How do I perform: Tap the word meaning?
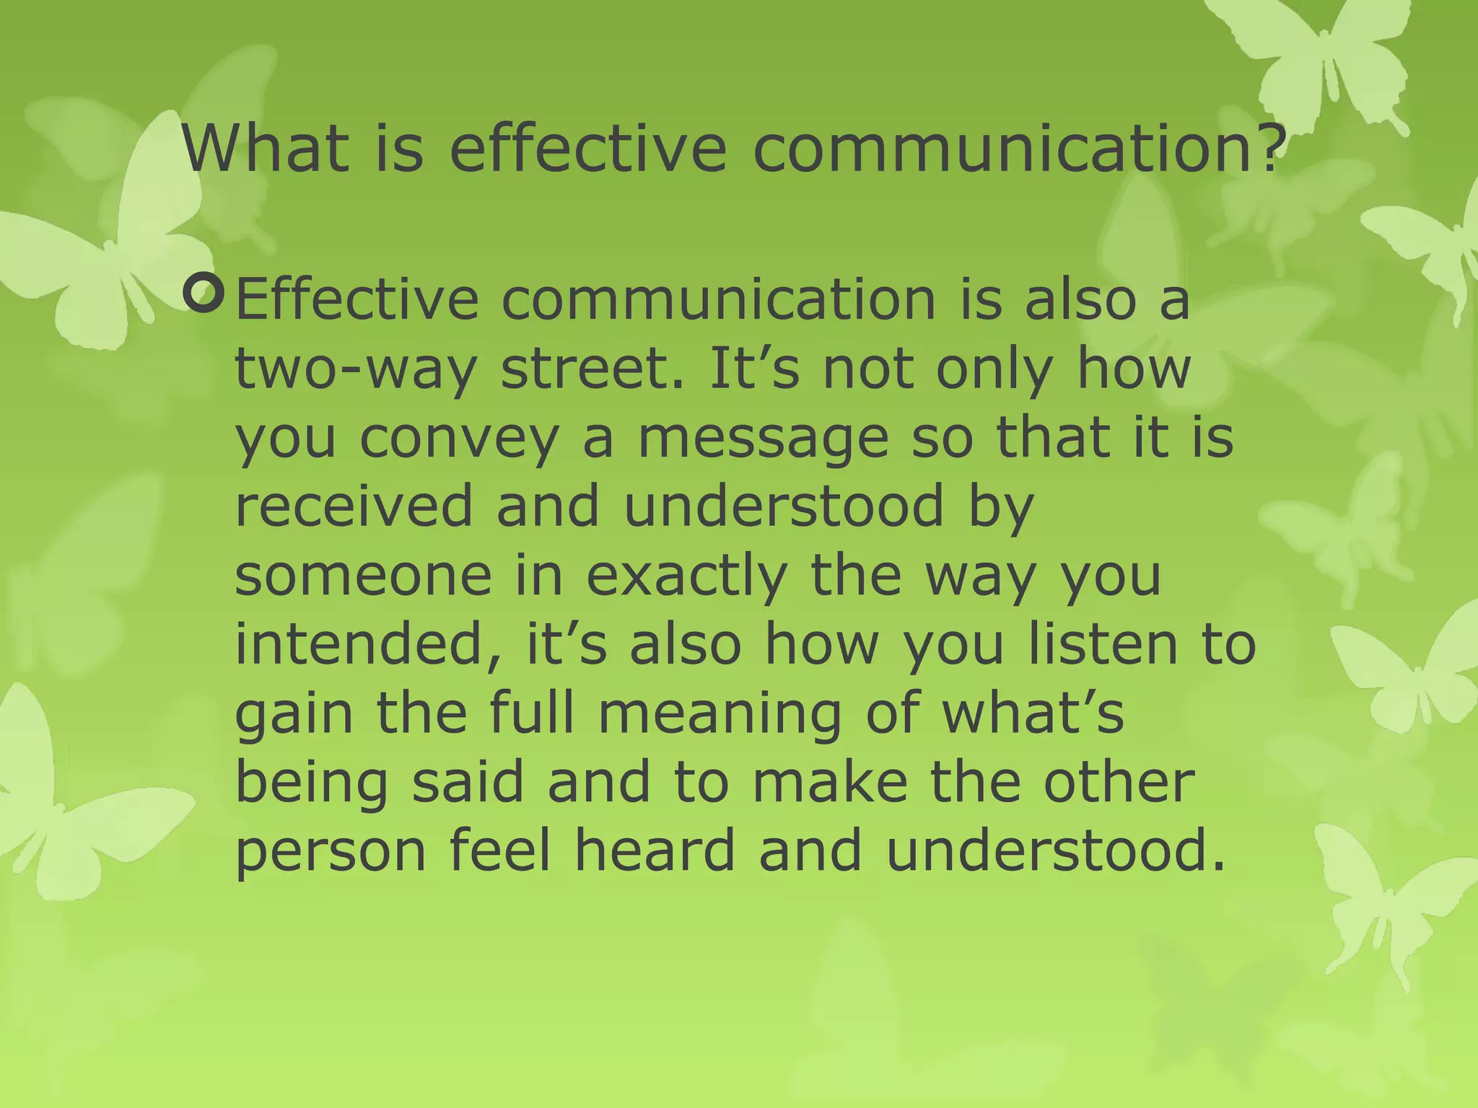tap(720, 714)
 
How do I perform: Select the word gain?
tap(294, 714)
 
